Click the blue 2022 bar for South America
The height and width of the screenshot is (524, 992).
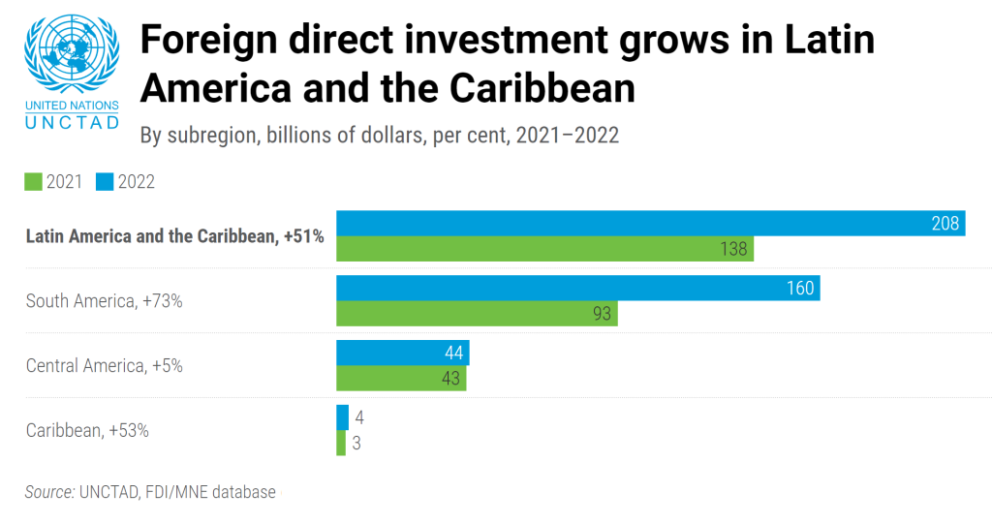(x=577, y=288)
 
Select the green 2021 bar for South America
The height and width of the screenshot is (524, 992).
(x=477, y=314)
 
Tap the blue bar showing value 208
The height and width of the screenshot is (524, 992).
(x=650, y=223)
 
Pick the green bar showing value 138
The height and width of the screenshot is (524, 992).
(x=544, y=249)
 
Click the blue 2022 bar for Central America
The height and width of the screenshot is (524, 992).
(x=402, y=353)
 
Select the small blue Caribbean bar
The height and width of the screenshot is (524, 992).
(x=342, y=417)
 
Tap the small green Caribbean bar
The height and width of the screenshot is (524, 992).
(x=341, y=444)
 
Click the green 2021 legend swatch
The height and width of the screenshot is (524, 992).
(x=33, y=181)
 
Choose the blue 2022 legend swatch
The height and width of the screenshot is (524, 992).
(x=106, y=181)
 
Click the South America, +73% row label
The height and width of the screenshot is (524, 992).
(x=105, y=301)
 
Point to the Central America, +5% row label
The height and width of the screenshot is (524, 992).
(x=105, y=366)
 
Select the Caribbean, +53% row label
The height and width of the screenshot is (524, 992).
(x=87, y=431)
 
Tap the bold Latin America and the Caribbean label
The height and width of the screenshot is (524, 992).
(x=174, y=236)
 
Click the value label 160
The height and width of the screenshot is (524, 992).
(x=799, y=288)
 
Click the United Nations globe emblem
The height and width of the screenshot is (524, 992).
(x=73, y=54)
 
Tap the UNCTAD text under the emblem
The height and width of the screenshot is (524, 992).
(x=73, y=122)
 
